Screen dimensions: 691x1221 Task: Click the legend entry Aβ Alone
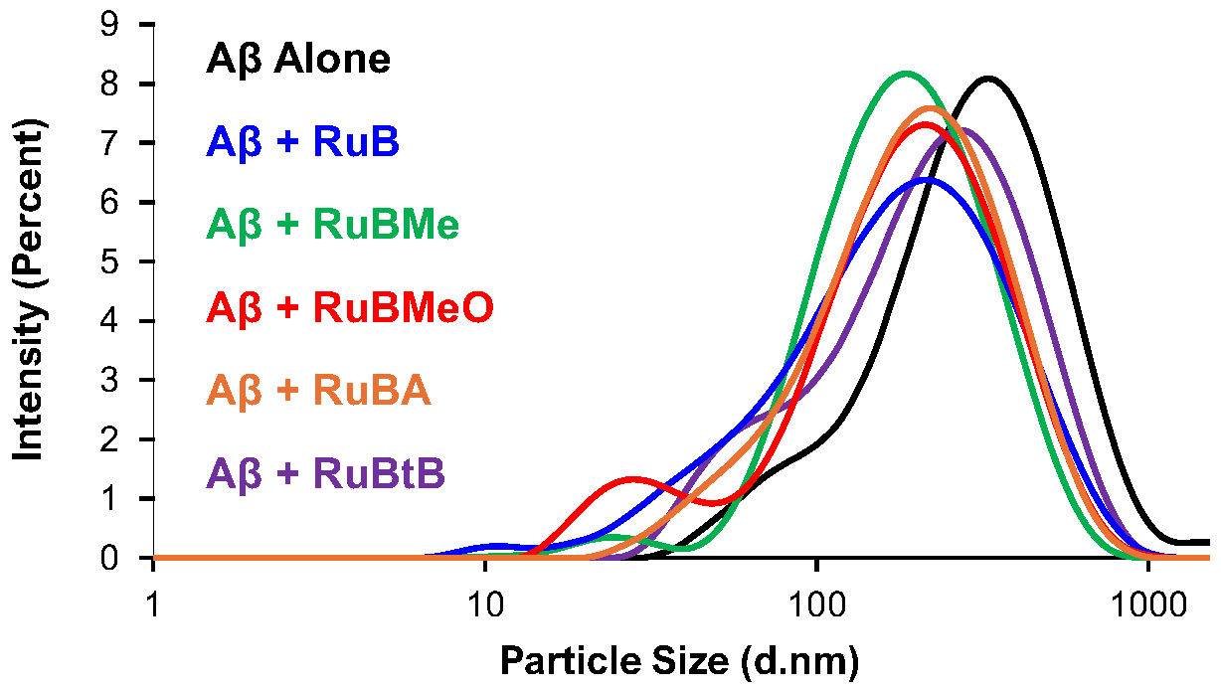tap(298, 60)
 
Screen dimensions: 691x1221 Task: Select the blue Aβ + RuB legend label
tap(303, 143)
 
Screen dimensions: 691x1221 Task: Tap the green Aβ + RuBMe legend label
tap(333, 227)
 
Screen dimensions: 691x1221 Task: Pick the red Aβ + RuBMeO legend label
tap(351, 309)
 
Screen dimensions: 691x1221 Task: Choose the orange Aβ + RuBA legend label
tap(318, 392)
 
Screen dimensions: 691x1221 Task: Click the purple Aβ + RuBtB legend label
tap(325, 474)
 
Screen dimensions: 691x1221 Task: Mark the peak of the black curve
tap(988, 78)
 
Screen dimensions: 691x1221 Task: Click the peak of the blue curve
tap(927, 180)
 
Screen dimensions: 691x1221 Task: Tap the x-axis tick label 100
tap(815, 605)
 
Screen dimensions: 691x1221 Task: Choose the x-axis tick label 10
tap(484, 605)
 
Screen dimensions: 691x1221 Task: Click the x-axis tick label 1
tap(153, 605)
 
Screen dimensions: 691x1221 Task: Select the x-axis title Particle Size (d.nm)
tap(678, 660)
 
